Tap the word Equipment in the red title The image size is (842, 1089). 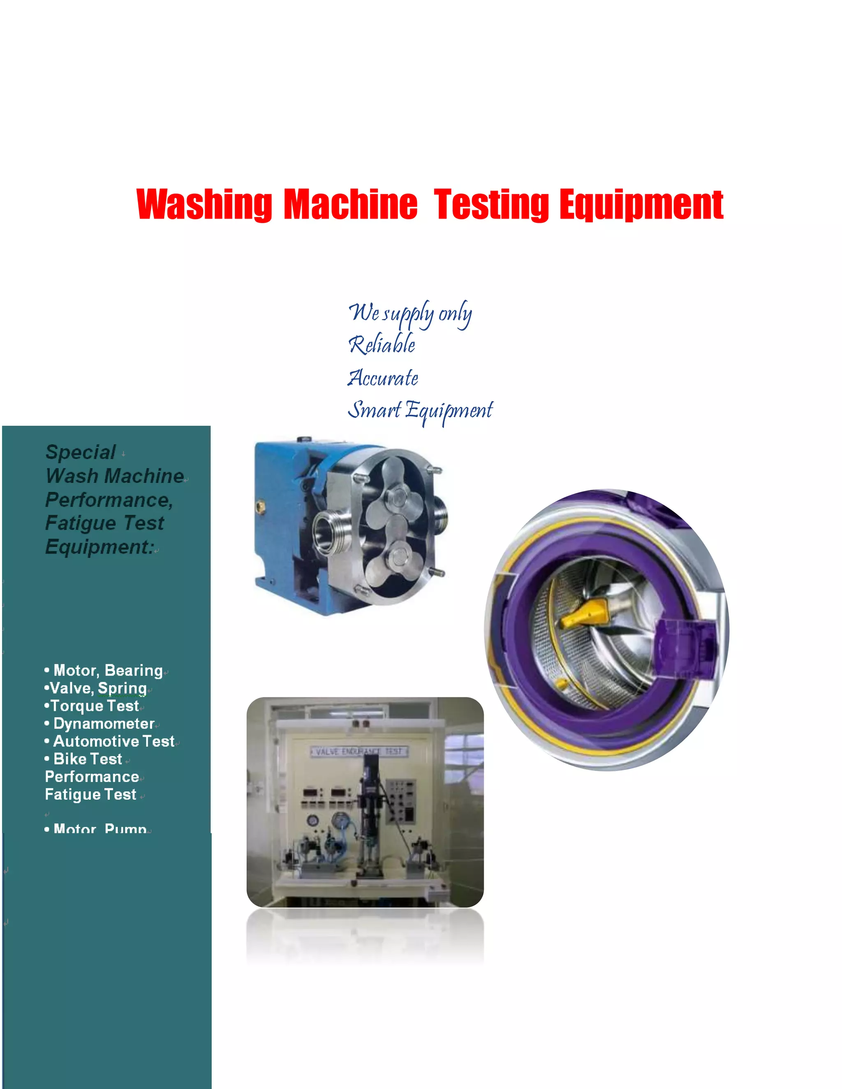coord(641,204)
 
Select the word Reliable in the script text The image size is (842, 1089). coord(382,344)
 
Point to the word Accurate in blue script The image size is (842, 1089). coord(383,378)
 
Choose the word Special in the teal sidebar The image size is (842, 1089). coord(81,452)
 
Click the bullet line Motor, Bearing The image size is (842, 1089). coord(108,670)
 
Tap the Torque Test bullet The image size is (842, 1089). coord(94,706)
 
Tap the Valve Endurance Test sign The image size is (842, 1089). coord(359,752)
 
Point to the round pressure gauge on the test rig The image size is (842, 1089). coord(341,820)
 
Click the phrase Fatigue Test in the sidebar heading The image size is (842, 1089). coord(104,523)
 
